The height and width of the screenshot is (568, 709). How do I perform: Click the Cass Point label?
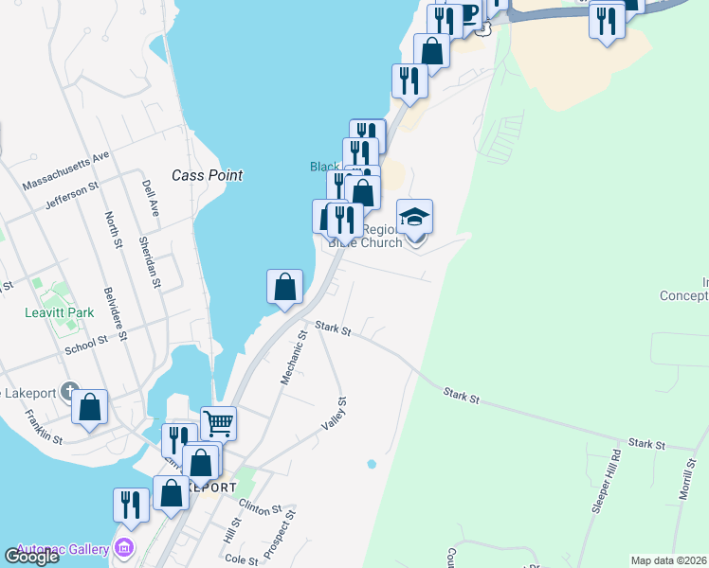[x=207, y=175]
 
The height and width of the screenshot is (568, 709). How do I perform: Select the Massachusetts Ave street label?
[x=66, y=169]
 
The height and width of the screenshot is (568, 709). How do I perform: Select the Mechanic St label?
[x=292, y=357]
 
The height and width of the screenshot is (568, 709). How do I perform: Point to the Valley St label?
[x=335, y=414]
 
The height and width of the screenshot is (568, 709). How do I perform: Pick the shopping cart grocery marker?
[x=218, y=422]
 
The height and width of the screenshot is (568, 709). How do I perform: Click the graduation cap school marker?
[x=414, y=217]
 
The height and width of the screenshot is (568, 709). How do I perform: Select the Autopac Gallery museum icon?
[x=124, y=547]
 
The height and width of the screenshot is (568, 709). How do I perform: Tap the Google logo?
[x=31, y=557]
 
